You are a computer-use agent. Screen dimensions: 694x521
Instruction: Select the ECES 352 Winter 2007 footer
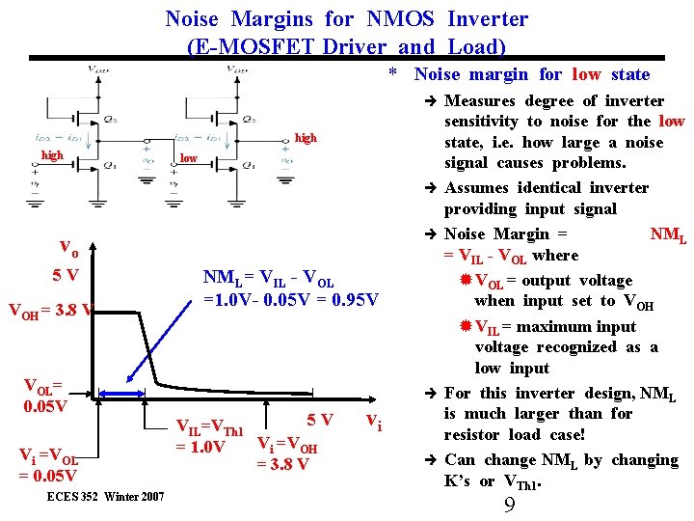105,496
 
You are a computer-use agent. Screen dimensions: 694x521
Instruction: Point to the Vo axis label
69,245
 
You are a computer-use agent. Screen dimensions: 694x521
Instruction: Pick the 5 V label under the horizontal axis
319,421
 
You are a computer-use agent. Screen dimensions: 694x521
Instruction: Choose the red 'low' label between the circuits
189,158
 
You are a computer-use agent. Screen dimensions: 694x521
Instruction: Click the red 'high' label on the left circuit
52,155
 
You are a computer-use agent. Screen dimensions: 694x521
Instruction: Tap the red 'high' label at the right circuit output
305,138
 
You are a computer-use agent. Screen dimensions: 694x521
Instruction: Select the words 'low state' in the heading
611,74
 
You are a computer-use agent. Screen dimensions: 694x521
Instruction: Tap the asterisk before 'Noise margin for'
392,73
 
